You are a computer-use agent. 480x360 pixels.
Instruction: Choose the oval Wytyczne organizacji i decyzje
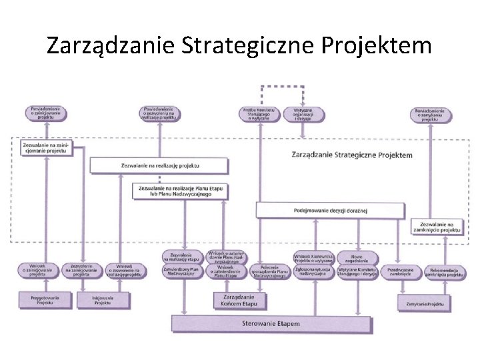(303, 114)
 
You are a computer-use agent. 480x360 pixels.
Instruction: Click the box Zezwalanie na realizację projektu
(159, 165)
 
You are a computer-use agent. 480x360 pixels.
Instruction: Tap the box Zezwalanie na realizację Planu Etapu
(179, 191)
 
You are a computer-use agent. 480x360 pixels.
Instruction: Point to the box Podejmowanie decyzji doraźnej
(330, 211)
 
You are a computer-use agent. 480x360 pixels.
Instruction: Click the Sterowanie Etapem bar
(271, 325)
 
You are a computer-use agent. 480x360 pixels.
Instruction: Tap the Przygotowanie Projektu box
(45, 300)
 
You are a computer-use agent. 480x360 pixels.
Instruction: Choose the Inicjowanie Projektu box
(102, 300)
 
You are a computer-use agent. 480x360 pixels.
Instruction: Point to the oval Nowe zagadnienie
(357, 257)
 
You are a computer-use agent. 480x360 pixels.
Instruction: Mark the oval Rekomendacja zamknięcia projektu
(443, 271)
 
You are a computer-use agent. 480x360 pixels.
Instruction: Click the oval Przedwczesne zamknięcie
(400, 271)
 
